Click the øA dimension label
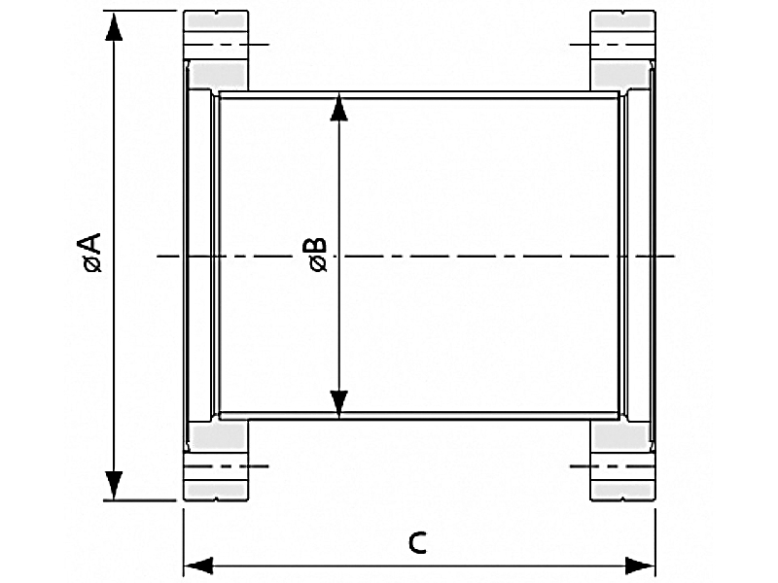pos(92,253)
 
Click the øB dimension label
pos(318,255)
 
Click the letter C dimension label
pos(417,543)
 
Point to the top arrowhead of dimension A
pos(114,27)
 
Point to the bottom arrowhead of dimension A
pos(114,486)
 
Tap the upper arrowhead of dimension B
pos(338,107)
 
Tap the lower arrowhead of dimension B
pos(338,404)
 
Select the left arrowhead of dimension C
pos(198,566)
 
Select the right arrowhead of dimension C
pos(640,566)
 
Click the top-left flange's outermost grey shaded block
pos(216,20)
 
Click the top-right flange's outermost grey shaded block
pos(622,20)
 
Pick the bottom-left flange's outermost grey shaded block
pos(216,491)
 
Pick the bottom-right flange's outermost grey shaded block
pos(622,491)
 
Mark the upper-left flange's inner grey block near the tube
pos(218,75)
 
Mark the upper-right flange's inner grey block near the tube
pos(621,75)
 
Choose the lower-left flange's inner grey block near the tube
pos(218,436)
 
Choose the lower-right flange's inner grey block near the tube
pos(621,436)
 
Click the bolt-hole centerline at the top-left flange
pos(227,45)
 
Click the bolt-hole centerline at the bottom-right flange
pos(613,466)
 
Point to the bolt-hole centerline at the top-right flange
pos(613,45)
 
